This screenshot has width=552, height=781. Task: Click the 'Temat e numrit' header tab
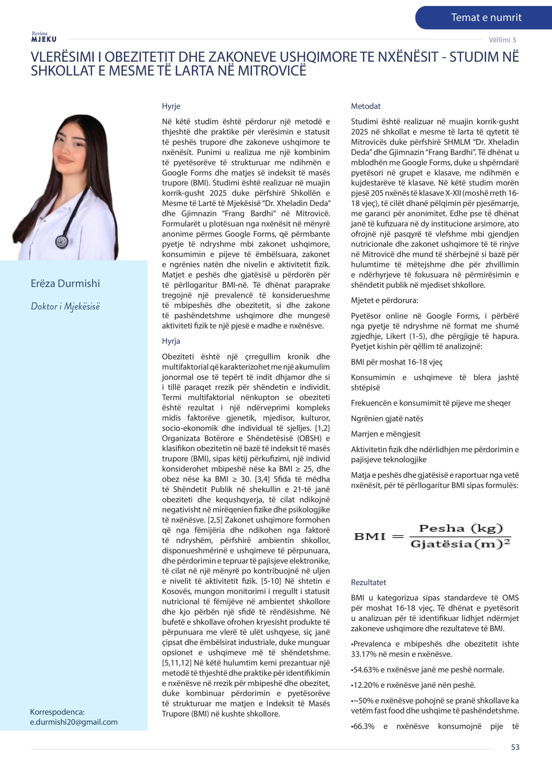[x=486, y=17]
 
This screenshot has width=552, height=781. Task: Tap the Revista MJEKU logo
[x=44, y=37]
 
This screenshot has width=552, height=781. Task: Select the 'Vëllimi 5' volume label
[x=502, y=40]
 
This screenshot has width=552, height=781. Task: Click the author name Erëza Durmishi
[x=65, y=283]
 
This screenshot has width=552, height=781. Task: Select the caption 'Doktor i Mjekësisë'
[x=65, y=306]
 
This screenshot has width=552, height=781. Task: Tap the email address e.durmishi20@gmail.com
[x=74, y=722]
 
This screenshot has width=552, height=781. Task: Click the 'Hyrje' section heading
[x=171, y=106]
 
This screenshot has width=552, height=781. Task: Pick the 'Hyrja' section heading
[x=171, y=341]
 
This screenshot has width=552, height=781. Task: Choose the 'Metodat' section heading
[x=366, y=106]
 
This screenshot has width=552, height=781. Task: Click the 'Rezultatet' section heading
[x=368, y=582]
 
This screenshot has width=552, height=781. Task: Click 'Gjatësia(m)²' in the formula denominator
[x=461, y=544]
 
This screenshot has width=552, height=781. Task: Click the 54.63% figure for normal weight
[x=364, y=669]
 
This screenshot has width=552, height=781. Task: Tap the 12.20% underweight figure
[x=364, y=685]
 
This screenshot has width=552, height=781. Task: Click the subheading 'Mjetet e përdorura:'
[x=384, y=301]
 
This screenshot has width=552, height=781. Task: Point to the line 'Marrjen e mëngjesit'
[x=385, y=434]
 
